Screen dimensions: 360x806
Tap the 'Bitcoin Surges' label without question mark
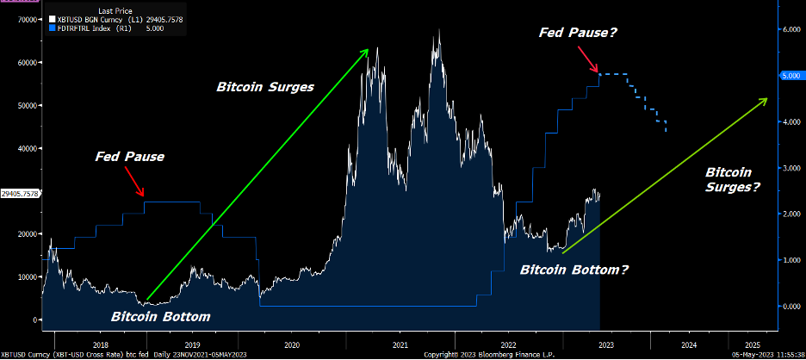tap(264, 87)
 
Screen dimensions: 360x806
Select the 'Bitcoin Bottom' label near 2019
tap(161, 316)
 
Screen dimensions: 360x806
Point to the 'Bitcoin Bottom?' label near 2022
tap(574, 270)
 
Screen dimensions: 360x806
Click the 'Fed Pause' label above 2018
tap(129, 158)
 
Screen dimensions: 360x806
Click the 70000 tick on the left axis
tap(26, 19)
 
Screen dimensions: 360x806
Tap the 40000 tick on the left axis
tap(26, 148)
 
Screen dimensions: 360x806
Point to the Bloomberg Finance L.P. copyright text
tap(482, 355)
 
